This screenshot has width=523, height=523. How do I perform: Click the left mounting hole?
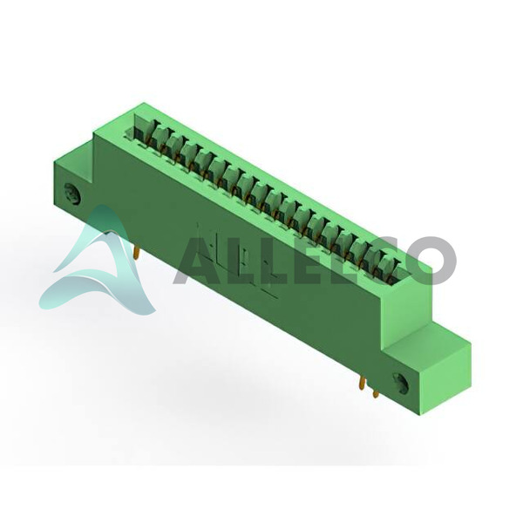click(x=72, y=193)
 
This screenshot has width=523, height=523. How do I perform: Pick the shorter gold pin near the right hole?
click(x=376, y=394)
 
